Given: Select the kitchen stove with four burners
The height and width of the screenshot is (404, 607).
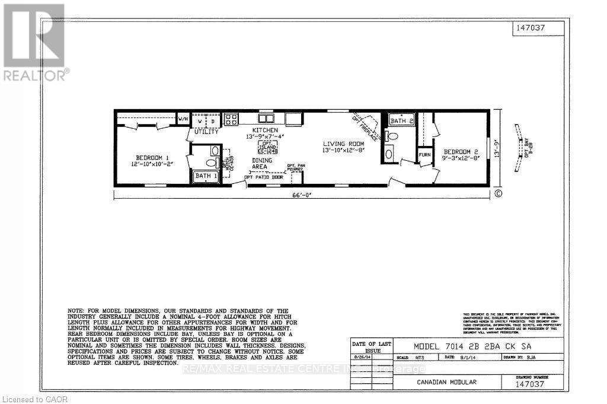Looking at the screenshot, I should pyautogui.click(x=230, y=119).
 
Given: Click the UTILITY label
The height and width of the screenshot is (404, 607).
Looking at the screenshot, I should pyautogui.click(x=206, y=132).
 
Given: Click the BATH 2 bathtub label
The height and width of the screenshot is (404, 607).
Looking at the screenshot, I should pyautogui.click(x=401, y=121).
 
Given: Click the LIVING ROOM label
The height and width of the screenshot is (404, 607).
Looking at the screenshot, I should pyautogui.click(x=343, y=144).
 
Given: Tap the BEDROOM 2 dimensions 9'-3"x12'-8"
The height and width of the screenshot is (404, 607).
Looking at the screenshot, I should pyautogui.click(x=461, y=158).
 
